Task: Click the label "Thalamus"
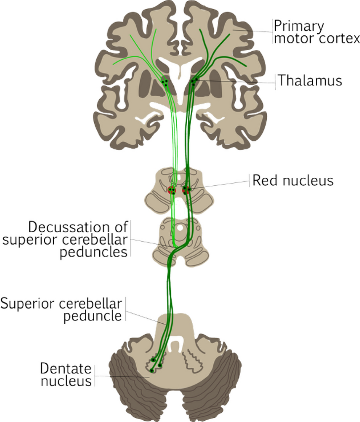[x=309, y=80]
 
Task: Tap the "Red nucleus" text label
[x=293, y=181]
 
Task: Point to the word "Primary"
[x=299, y=26]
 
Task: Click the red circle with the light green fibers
[x=172, y=190]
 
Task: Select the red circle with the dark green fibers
[x=186, y=190]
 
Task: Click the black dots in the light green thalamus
[x=167, y=82]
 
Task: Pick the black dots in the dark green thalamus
[x=194, y=81]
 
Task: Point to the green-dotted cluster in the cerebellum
[x=155, y=364]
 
